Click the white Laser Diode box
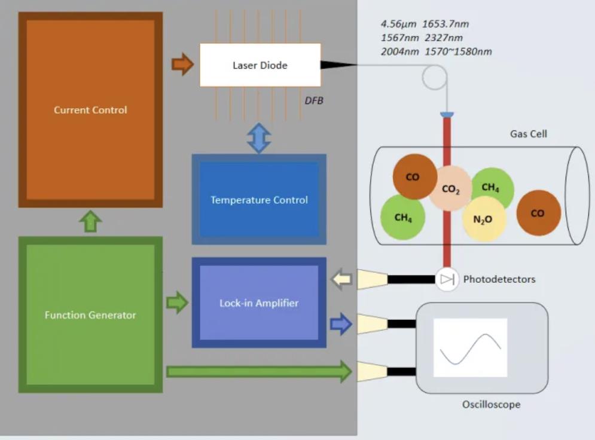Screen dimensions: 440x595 coord(260,65)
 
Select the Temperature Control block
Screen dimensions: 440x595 coord(259,200)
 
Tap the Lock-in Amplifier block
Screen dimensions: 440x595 coord(259,303)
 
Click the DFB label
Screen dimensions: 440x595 coord(314,101)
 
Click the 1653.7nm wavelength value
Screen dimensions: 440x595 coord(446,25)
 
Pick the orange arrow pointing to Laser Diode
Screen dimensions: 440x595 coord(182,64)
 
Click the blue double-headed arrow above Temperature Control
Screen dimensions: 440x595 coord(259,137)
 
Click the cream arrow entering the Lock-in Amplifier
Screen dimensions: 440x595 coord(343,279)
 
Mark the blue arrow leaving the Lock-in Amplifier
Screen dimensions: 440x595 coord(340,324)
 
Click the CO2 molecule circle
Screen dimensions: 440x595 coord(450,189)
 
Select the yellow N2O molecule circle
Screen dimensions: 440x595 coord(483,219)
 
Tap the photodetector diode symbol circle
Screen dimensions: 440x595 coord(447,279)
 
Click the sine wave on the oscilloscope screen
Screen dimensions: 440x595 coord(470,347)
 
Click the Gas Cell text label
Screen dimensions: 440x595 coord(528,134)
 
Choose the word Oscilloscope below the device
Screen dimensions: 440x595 coord(491,405)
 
